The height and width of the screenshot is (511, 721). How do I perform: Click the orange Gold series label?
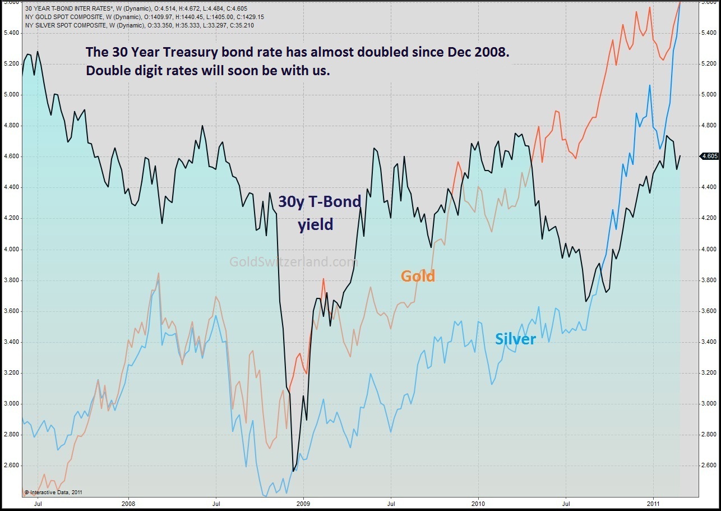point(418,275)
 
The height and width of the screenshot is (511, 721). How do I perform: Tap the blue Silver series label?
point(515,339)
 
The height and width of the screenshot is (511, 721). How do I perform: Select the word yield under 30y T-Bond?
point(315,224)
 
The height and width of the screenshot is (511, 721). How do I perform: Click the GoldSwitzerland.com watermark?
point(293,261)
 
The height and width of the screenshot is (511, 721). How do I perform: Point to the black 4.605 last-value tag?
point(709,156)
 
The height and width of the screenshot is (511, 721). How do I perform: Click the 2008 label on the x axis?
point(128,503)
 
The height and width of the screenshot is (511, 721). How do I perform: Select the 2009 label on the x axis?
point(303,503)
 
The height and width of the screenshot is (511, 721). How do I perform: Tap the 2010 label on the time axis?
point(478,503)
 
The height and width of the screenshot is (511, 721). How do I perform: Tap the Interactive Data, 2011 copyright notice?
point(54,492)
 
